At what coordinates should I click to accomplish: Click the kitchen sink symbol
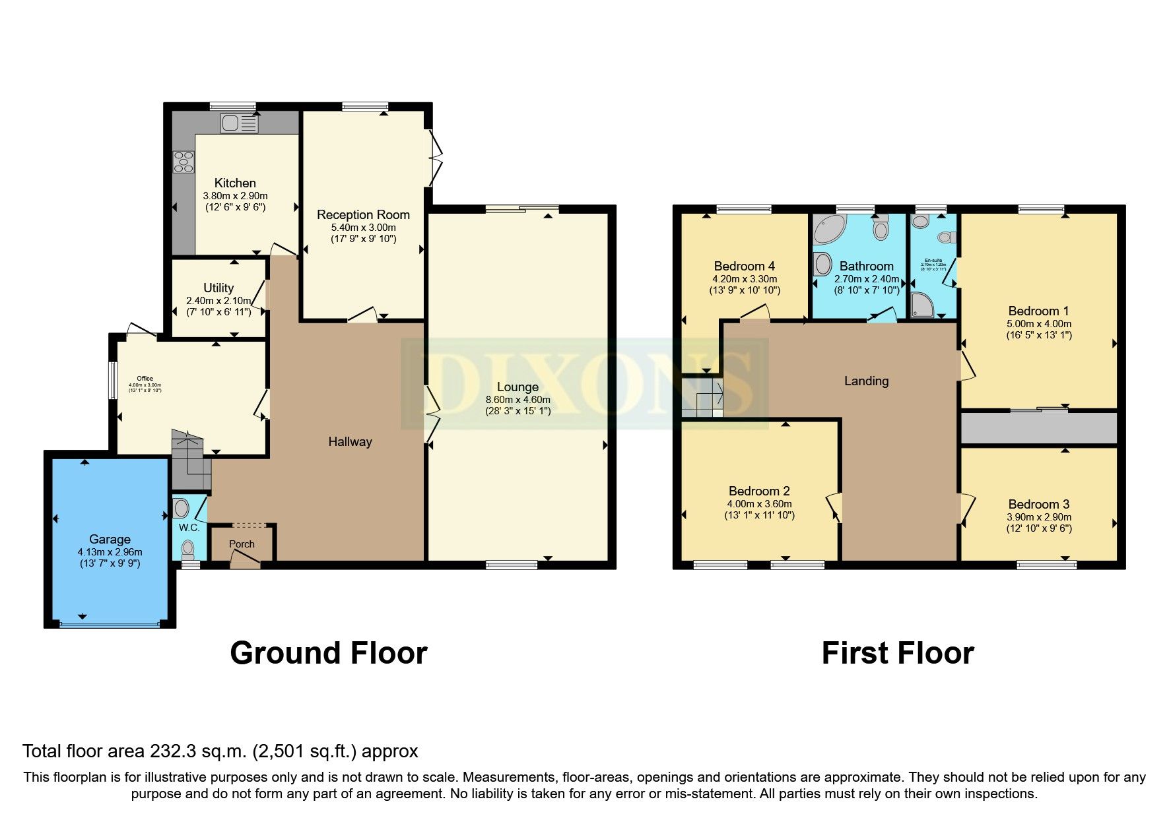[240, 123]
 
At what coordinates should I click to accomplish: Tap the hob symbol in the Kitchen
[184, 161]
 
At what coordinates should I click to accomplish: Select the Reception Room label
[363, 214]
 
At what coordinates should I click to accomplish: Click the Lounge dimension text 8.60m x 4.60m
[518, 400]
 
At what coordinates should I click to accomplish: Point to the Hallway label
[350, 442]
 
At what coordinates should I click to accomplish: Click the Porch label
[242, 544]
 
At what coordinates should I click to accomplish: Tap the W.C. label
[189, 528]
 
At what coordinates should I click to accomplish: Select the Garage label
[110, 539]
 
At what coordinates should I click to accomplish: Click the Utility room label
[218, 288]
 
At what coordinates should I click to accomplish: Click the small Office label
[145, 379]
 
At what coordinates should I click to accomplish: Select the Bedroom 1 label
[1038, 311]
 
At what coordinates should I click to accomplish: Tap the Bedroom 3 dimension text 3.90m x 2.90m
[1038, 517]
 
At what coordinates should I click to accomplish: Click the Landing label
[866, 381]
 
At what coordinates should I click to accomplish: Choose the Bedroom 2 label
[759, 491]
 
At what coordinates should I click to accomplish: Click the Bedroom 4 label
[744, 266]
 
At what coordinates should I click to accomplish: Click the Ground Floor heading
[328, 653]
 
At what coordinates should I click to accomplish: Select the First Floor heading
[897, 653]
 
